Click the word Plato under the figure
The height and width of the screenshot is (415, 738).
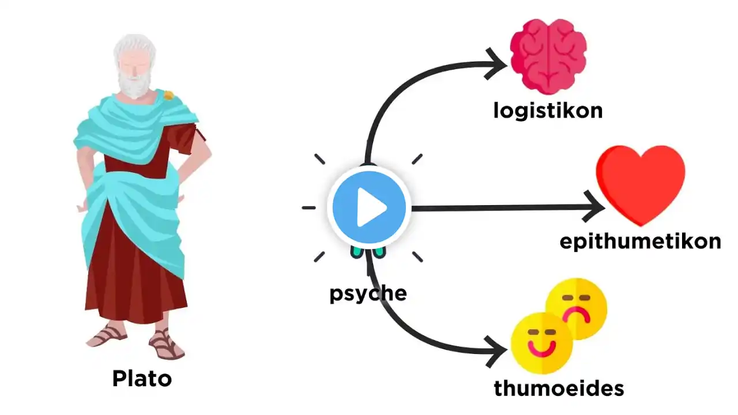[142, 379]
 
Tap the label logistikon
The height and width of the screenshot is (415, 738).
[548, 110]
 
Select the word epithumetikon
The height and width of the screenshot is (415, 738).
[640, 242]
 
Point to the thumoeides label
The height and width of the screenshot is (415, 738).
[559, 388]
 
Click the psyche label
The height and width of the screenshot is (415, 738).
[368, 293]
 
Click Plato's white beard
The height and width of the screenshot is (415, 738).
[134, 85]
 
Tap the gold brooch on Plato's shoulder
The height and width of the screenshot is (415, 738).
[168, 94]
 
